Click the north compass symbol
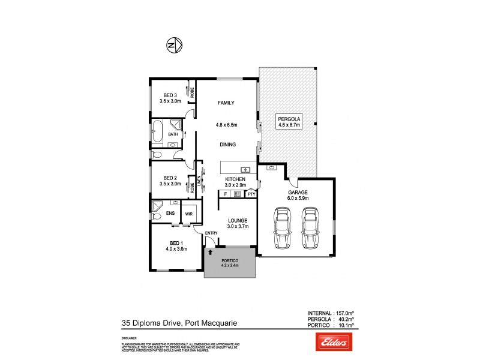[x=174, y=46]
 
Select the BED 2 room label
[x=170, y=178]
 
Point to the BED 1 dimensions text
[x=177, y=248]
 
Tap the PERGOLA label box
[x=289, y=122]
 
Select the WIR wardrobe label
[x=188, y=213]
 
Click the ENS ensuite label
[x=170, y=213]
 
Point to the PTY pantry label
[x=251, y=194]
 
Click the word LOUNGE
[x=238, y=221]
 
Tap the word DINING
[x=227, y=144]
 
